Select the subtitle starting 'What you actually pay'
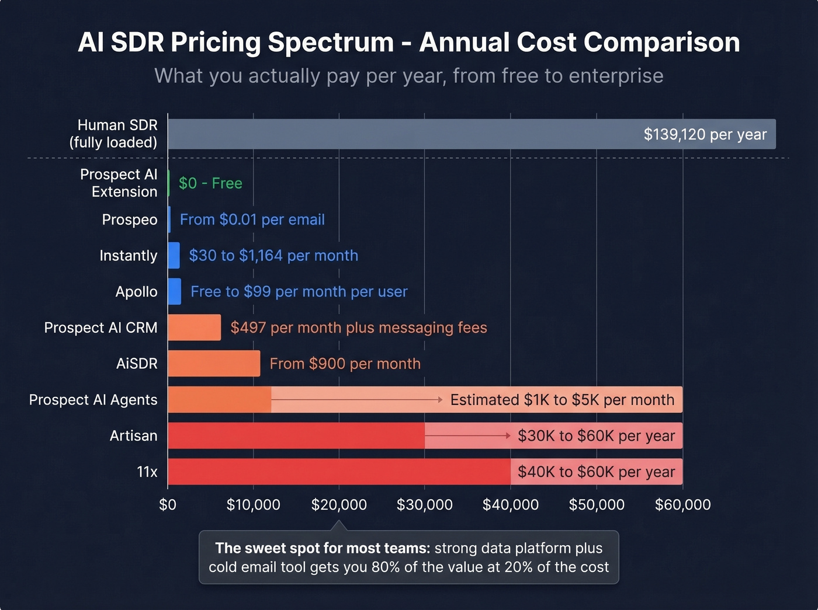408,76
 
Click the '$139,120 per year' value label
705,134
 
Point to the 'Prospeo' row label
130,219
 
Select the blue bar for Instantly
174,256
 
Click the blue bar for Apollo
174,291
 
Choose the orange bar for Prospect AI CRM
194,327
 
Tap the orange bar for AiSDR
214,364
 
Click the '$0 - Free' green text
210,183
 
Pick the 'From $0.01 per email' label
252,219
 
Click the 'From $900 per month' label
345,364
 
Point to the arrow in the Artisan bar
467,435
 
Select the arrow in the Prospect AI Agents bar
356,400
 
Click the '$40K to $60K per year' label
596,472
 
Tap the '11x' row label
147,472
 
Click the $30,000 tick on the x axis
424,504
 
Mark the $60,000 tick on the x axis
682,504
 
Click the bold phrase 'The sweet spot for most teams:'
322,548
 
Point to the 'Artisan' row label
133,435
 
